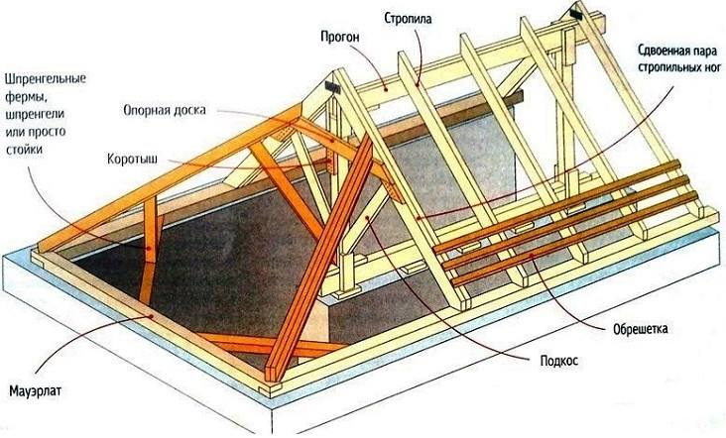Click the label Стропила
click(x=408, y=19)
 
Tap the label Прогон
click(x=340, y=38)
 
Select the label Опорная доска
click(x=165, y=111)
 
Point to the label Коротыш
click(x=133, y=160)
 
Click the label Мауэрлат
click(x=35, y=391)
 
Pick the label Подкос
click(x=559, y=361)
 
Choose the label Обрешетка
click(x=641, y=329)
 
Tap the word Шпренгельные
click(x=46, y=79)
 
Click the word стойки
click(x=24, y=150)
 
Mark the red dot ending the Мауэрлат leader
click(x=151, y=316)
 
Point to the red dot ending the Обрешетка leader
click(x=531, y=255)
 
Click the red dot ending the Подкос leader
click(x=367, y=216)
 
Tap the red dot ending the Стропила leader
click(x=418, y=84)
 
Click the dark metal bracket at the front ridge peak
click(x=332, y=87)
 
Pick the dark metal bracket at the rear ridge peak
click(x=576, y=14)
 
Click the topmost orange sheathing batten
click(x=556, y=207)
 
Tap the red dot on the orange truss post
click(x=149, y=249)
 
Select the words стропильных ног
click(x=679, y=67)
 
